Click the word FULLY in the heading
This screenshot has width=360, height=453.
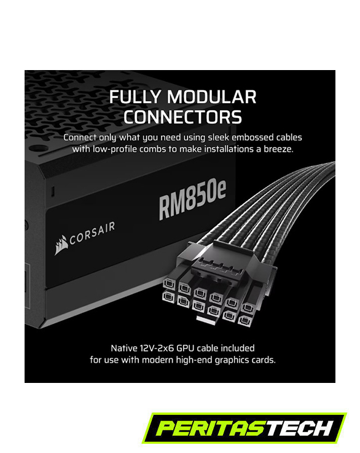[x=135, y=97]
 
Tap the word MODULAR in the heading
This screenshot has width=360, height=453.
[x=211, y=97]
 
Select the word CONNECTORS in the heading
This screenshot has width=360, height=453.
[x=182, y=117]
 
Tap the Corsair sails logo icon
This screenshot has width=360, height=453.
[x=61, y=245]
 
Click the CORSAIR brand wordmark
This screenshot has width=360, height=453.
[x=92, y=233]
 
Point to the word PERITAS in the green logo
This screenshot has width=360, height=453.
[x=211, y=428]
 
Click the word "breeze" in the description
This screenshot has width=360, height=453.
[x=278, y=149]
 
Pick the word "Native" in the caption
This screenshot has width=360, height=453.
[x=124, y=348]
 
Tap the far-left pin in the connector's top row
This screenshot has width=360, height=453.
[x=169, y=284]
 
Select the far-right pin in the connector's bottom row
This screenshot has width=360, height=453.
[x=245, y=320]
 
